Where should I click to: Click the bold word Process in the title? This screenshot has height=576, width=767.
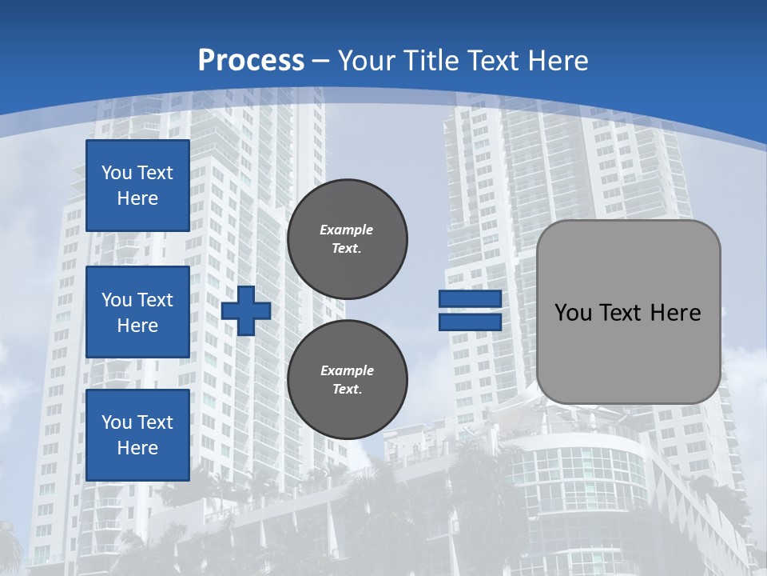coord(251,60)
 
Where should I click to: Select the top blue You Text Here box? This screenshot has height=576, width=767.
coord(137,186)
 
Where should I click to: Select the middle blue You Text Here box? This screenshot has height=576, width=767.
coord(137,312)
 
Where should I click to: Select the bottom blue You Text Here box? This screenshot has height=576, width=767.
coord(137,435)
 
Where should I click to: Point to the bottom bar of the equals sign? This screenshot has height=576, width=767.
coord(470,322)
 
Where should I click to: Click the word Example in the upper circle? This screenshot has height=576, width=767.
coord(347,230)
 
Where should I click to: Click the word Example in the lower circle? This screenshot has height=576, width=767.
coord(347,370)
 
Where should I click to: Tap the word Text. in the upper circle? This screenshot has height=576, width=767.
coord(347,248)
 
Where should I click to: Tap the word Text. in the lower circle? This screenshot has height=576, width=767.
coord(347,389)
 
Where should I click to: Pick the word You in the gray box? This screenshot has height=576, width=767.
coord(574,313)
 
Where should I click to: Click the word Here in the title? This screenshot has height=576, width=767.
coord(560,60)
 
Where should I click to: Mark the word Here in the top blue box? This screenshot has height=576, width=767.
coord(137,198)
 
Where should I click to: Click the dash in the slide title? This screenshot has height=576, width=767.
coord(321,61)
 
